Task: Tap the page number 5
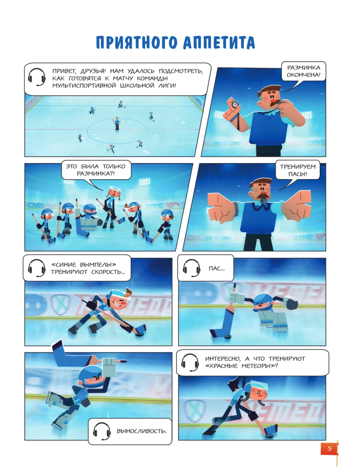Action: click(x=330, y=448)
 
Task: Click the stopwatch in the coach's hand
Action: click(x=234, y=103)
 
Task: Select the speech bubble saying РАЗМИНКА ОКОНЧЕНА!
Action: click(x=304, y=72)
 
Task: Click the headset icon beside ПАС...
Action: click(x=191, y=268)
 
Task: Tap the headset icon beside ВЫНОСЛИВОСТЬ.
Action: click(x=101, y=431)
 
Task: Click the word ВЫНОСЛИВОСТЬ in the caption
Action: click(x=141, y=431)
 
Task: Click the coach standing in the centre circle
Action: click(x=117, y=123)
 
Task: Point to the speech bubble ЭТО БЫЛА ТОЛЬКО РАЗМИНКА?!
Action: click(x=96, y=170)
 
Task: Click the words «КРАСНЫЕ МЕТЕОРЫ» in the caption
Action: click(x=241, y=366)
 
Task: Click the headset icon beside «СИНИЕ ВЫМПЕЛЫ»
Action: click(x=36, y=268)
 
